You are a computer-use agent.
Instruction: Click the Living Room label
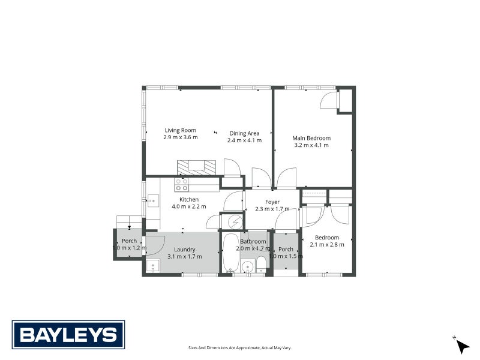181,130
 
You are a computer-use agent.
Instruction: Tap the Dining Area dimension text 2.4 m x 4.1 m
244,140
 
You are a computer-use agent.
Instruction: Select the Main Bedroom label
311,137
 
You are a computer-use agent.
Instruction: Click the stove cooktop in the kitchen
181,184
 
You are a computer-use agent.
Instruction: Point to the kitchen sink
152,200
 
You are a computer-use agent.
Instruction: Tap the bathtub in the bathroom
229,254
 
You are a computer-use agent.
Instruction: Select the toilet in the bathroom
261,265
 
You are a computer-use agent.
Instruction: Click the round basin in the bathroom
247,267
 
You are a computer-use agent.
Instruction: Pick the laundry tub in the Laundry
152,266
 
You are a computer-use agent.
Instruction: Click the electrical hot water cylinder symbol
230,221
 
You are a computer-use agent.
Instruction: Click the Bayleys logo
68,335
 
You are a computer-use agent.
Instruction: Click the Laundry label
185,250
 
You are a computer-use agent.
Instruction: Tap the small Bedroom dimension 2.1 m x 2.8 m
327,244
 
